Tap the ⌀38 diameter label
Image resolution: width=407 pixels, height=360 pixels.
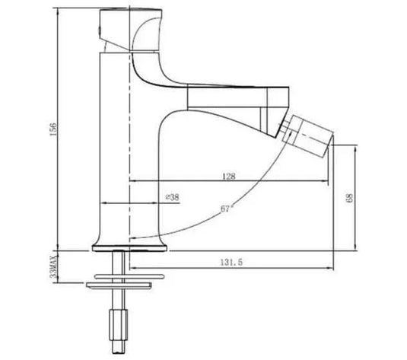tap(172, 198)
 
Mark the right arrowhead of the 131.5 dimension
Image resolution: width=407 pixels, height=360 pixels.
tap(332, 267)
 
